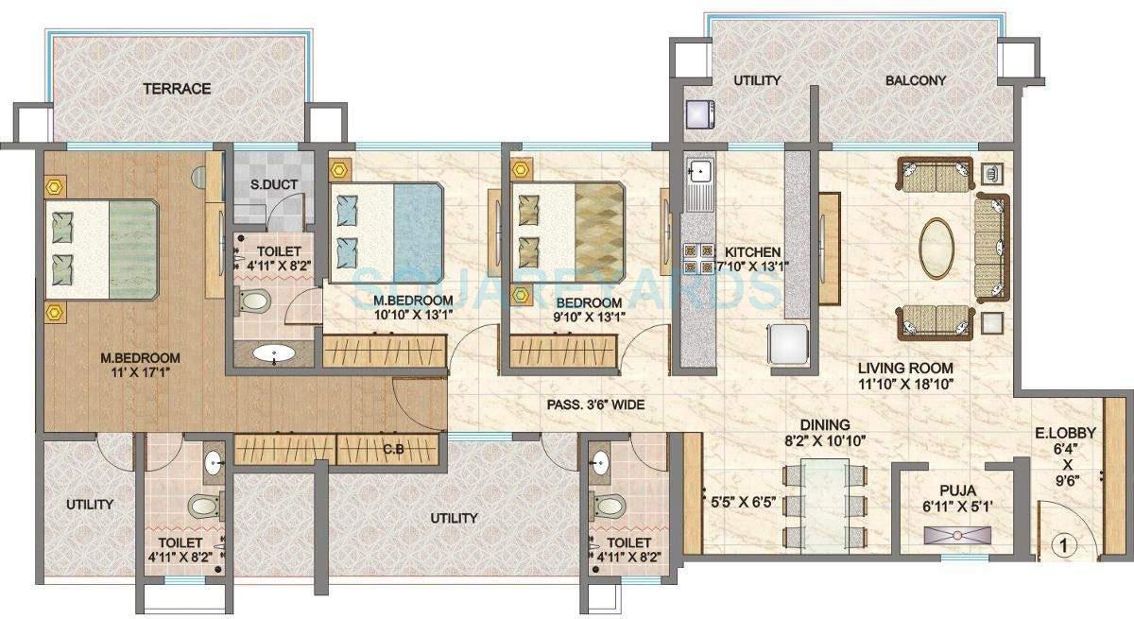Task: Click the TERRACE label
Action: click(176, 89)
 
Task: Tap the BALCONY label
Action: click(915, 81)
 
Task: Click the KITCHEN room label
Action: click(752, 252)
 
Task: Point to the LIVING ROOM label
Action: click(904, 368)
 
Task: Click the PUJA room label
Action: click(957, 490)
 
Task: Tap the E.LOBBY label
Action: click(1076, 433)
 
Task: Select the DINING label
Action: click(823, 425)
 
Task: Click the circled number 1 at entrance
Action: click(1065, 545)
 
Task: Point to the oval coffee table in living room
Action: click(936, 249)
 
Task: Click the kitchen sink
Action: click(700, 172)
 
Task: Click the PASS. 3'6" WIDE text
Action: click(595, 404)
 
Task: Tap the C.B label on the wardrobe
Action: click(393, 450)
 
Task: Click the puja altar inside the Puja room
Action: click(957, 536)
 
